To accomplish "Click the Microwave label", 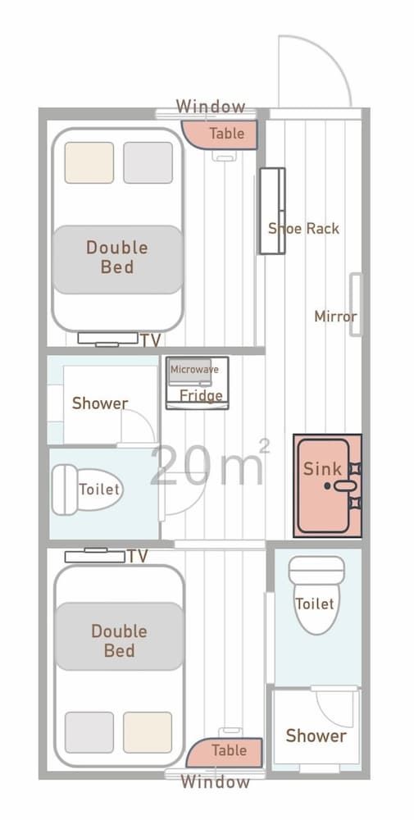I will [x=194, y=370].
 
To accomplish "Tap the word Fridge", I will [x=201, y=396].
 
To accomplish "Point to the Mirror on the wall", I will [x=355, y=304].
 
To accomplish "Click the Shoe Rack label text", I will [x=303, y=229].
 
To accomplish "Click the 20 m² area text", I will [x=209, y=464].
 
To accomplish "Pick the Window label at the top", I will [x=211, y=107].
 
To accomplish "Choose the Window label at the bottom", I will [x=215, y=781].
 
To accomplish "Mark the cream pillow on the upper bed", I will [x=89, y=162].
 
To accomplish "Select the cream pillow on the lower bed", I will [x=148, y=731].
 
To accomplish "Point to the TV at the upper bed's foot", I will [x=107, y=338].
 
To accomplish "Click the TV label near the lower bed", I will [x=137, y=557].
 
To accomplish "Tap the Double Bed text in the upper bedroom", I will [x=117, y=257].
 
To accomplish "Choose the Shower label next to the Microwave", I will [x=100, y=403].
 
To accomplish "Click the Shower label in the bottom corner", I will [x=316, y=736].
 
